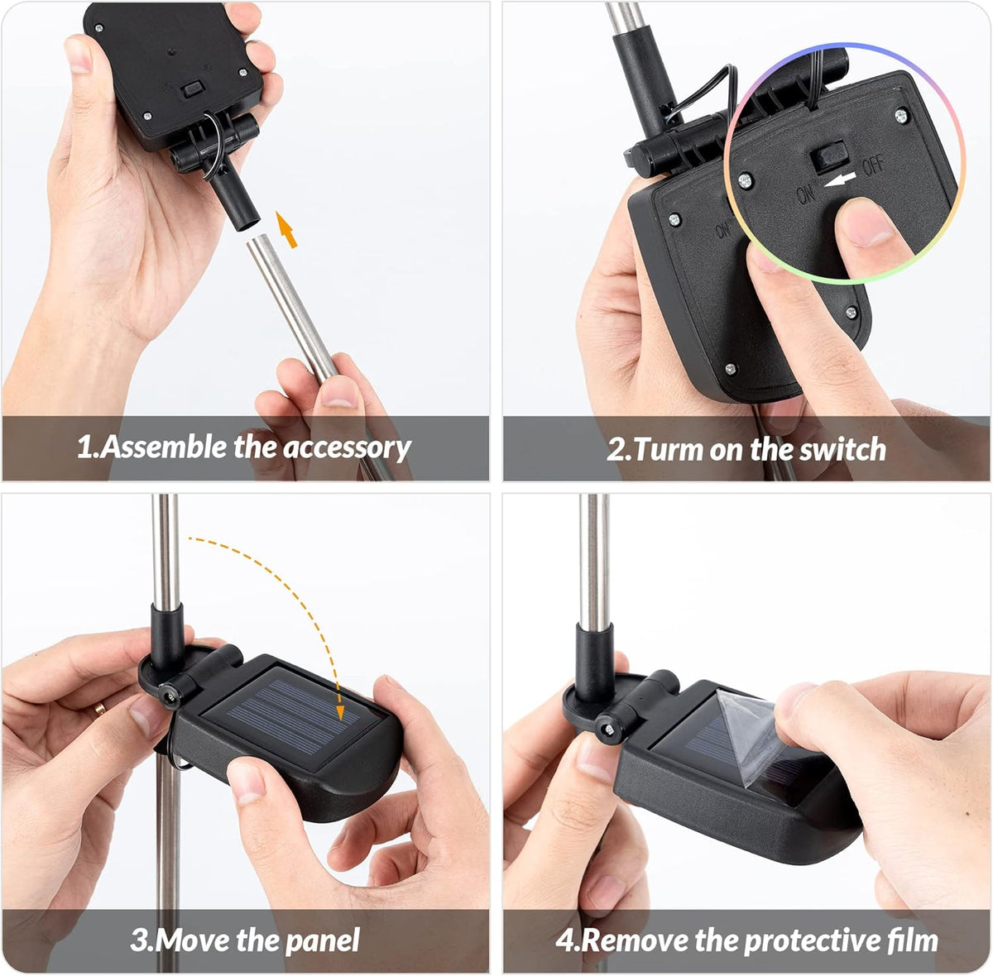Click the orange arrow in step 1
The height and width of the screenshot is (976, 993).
[x=286, y=229]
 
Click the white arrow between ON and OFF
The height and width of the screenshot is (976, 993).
[x=840, y=180]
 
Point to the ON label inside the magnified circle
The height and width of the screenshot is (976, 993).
[x=806, y=194]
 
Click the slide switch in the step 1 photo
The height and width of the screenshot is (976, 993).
[x=194, y=89]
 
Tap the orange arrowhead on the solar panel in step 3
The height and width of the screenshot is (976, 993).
[x=340, y=713]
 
